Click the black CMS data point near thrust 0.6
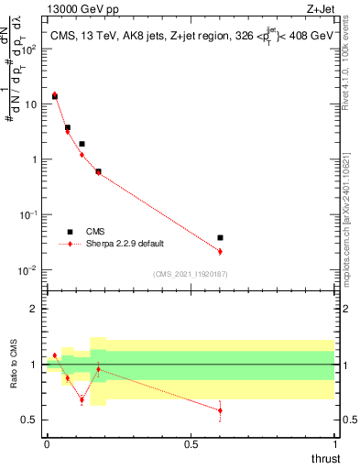pos(220,237)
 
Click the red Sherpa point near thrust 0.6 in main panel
pos(220,251)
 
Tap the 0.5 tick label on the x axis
pos(191,443)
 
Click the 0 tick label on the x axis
pos(47,443)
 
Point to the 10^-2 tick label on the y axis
pos(27,270)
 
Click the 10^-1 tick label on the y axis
pos(27,214)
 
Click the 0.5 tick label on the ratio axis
pos(29,420)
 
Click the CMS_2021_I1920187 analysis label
pos(190,274)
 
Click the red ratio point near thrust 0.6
pos(220,410)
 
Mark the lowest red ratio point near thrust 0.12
pos(82,399)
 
